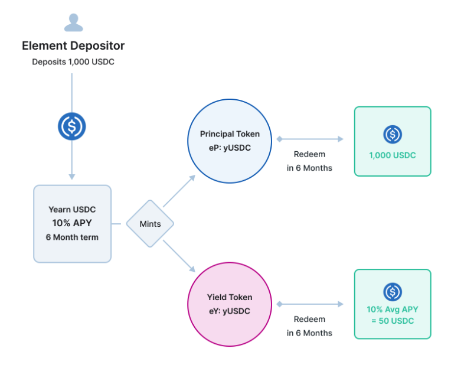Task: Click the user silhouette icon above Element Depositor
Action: (x=73, y=22)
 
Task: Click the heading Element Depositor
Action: (x=73, y=45)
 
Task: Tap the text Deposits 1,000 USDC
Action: (x=73, y=62)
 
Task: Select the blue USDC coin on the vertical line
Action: (x=71, y=126)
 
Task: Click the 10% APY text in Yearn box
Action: (x=72, y=223)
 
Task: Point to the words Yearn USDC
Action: (x=72, y=209)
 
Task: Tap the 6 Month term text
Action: (x=72, y=237)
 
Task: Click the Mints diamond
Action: (x=150, y=223)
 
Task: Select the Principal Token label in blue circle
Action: (x=230, y=134)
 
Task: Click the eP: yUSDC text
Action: (x=230, y=148)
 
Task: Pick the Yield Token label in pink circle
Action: (x=230, y=297)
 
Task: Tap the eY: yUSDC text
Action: (x=230, y=311)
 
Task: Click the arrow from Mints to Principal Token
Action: (x=179, y=191)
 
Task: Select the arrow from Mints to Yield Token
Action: (x=179, y=256)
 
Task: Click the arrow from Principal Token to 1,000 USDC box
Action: (x=310, y=139)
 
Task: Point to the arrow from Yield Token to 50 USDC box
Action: (x=310, y=304)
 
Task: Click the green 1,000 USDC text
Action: (x=393, y=155)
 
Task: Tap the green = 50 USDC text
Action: (x=393, y=321)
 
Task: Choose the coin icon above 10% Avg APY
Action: (x=393, y=292)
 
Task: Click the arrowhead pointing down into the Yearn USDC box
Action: (x=71, y=177)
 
